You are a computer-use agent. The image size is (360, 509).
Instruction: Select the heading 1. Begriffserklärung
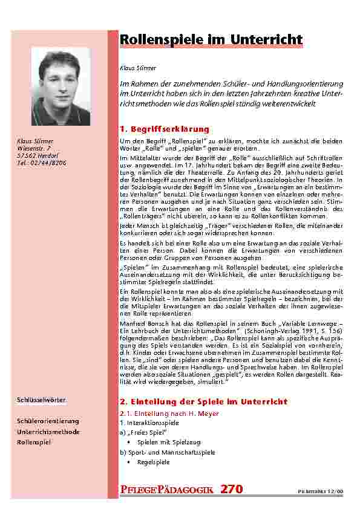165,129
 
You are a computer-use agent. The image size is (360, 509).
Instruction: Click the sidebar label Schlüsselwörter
41,400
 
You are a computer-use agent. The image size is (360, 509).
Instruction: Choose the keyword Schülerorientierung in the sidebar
48,420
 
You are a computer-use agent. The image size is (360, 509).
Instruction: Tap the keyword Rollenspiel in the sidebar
34,443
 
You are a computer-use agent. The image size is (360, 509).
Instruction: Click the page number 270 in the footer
232,489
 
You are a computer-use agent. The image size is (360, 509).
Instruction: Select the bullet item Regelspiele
153,462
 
